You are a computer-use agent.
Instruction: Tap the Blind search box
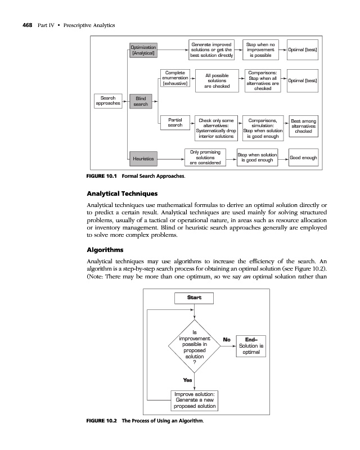click(141, 101)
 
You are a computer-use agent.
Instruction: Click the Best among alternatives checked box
click(303, 126)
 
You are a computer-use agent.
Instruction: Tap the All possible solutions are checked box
click(217, 80)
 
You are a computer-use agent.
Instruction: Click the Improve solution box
click(193, 399)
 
